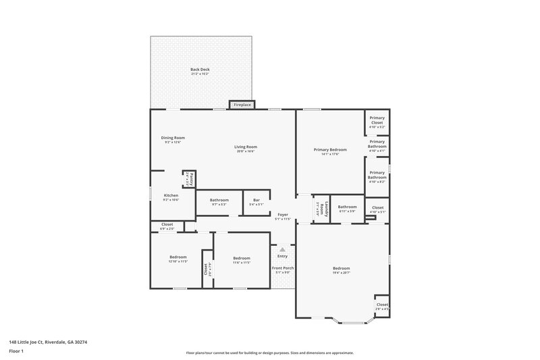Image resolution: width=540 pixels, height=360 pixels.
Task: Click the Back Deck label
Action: pos(199,70)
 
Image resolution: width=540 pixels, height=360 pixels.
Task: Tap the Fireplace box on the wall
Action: pos(242,105)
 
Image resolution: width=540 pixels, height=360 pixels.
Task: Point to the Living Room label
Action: pos(246,147)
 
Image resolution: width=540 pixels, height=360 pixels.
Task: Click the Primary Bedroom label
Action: pos(330,149)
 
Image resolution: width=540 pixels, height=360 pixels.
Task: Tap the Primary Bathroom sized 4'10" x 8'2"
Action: pos(377,178)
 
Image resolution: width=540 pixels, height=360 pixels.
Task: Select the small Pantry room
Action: pos(189,179)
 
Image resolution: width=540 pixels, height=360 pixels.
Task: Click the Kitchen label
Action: pos(171,196)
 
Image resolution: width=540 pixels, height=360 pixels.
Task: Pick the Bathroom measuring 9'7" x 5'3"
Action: pos(219,201)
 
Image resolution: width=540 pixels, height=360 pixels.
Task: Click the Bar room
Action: pos(256,201)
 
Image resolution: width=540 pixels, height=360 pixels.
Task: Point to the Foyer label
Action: pos(282,215)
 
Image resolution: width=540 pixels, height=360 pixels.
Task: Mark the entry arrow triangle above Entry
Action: pos(282,249)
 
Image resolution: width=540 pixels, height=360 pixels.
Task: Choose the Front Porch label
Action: pos(282,268)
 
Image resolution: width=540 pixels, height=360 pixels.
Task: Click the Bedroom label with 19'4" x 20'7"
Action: pos(341,269)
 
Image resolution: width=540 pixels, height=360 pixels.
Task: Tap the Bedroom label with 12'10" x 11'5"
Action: pos(178,257)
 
